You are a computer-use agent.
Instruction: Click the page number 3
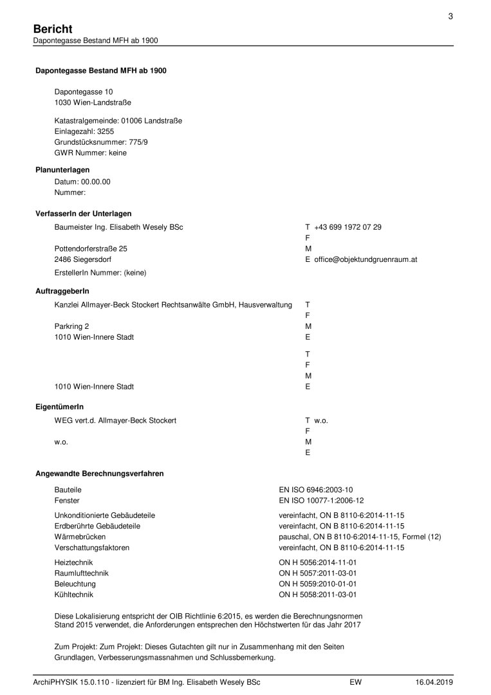pos(450,17)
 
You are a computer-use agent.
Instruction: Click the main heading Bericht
pos(52,29)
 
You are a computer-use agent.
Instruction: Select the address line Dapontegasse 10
pos(84,92)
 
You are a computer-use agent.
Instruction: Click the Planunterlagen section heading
pos(62,170)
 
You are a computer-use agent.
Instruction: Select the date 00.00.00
pos(96,181)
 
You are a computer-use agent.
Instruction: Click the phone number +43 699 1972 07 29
pos(347,227)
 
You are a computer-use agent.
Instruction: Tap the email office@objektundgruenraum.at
pos(366,259)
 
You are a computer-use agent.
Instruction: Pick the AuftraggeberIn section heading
pos(62,292)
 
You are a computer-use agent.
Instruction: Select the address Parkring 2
pos(72,326)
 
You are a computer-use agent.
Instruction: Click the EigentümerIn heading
pos(59,407)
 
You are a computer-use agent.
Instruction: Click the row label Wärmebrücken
pos(80,537)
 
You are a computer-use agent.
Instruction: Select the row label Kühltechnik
pos(73,595)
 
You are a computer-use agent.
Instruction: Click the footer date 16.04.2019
pos(434,681)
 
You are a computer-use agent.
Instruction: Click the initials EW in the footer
pos(355,681)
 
